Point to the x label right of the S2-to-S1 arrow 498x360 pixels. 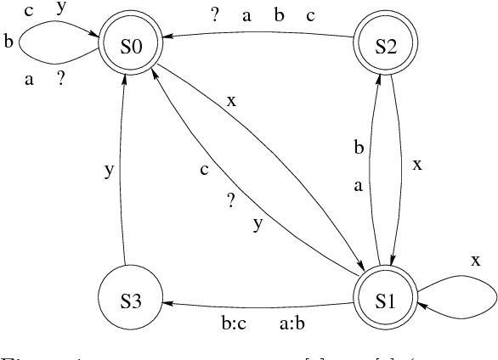416,166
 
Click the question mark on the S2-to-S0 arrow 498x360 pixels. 214,15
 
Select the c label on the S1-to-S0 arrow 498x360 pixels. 204,170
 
